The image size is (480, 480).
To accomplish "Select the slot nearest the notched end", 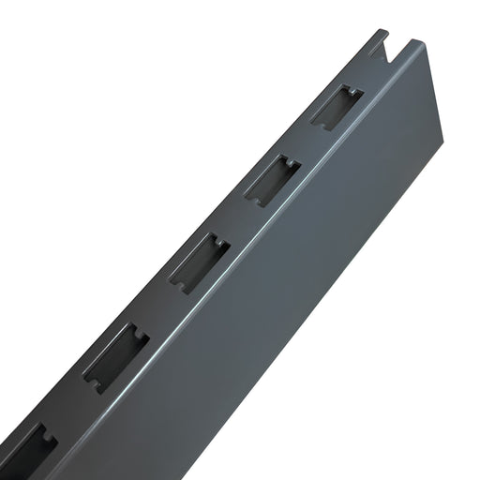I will (336, 106).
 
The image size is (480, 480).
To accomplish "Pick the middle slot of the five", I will (199, 262).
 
